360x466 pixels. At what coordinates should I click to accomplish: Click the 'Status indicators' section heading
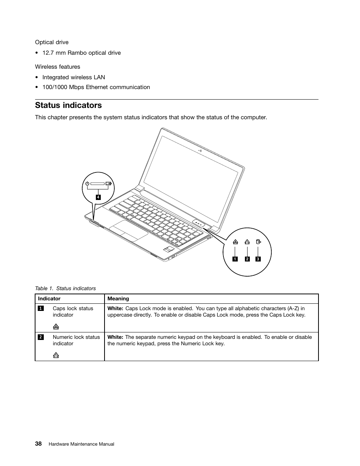pyautogui.click(x=68, y=105)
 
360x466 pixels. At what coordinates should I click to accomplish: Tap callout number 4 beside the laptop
pyautogui.click(x=98, y=197)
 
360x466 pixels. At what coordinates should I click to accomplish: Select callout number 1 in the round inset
pyautogui.click(x=235, y=259)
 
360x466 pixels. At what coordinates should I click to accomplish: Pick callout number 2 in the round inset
pyautogui.click(x=247, y=259)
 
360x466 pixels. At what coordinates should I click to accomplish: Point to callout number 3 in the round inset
pyautogui.click(x=258, y=259)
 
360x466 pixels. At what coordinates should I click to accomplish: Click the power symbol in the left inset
pyautogui.click(x=87, y=184)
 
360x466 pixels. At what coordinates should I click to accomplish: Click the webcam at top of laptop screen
pyautogui.click(x=200, y=151)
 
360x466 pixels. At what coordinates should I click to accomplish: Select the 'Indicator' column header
pyautogui.click(x=49, y=298)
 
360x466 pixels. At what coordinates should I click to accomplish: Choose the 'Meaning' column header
pyautogui.click(x=118, y=298)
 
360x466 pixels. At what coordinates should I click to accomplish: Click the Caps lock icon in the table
pyautogui.click(x=56, y=327)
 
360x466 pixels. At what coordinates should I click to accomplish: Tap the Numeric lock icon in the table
pyautogui.click(x=56, y=355)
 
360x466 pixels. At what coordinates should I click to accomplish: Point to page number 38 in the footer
pyautogui.click(x=38, y=444)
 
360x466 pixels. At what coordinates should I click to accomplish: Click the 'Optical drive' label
pyautogui.click(x=52, y=42)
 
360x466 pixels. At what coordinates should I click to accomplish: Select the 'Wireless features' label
pyautogui.click(x=58, y=67)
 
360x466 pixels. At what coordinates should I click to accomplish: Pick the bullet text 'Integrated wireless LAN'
pyautogui.click(x=74, y=77)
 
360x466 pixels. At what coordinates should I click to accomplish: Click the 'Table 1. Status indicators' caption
pyautogui.click(x=65, y=288)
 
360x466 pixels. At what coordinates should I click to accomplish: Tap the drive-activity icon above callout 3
pyautogui.click(x=258, y=242)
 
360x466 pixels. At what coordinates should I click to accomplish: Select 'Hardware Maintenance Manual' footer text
pyautogui.click(x=82, y=444)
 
